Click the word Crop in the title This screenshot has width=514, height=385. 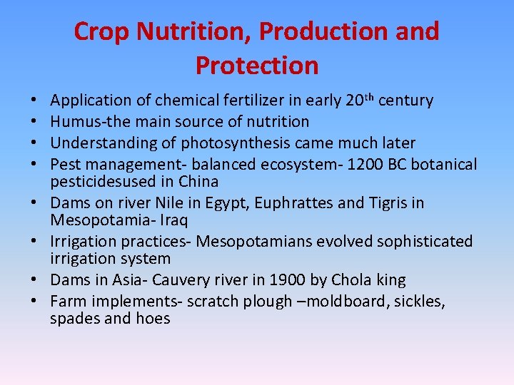[x=103, y=32]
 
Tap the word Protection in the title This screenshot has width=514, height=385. [x=257, y=66]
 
